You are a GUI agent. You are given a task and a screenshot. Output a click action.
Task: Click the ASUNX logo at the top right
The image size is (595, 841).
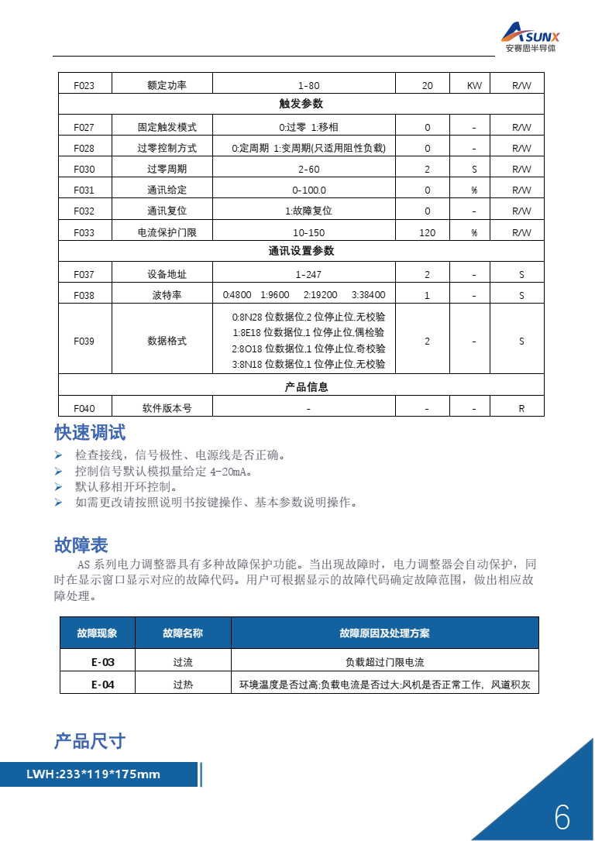coord(531,36)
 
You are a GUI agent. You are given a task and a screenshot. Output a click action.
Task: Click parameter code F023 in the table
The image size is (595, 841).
coord(84,85)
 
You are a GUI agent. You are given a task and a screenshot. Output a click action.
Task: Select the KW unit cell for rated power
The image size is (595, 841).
coord(474,85)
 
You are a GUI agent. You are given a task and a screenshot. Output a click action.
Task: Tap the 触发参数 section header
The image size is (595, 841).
coord(301,104)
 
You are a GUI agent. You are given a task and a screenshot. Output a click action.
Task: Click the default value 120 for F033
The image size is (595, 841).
coord(427,232)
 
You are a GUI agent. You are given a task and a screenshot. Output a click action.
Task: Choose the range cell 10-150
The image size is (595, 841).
coord(308,232)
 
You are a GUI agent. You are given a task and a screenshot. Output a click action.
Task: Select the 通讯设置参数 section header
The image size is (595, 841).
coord(301,251)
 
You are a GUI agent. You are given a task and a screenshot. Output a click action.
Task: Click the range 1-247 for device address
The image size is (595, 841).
coord(308,274)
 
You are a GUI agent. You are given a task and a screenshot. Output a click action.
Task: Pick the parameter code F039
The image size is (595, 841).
coord(84,342)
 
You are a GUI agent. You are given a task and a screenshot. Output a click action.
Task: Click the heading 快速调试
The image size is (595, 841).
coord(90,432)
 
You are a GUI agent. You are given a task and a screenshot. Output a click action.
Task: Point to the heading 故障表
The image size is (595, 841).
coord(81,545)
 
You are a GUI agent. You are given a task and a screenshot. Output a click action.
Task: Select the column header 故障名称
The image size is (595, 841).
coord(183,633)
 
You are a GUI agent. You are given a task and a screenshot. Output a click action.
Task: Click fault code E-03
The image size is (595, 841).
coord(102,662)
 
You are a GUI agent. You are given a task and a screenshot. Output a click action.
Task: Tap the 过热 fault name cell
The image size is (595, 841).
coord(183,685)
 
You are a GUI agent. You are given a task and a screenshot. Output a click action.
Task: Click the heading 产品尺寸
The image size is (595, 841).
coord(90,741)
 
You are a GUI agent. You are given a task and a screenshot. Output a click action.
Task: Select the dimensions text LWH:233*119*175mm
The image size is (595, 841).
coord(93,774)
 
